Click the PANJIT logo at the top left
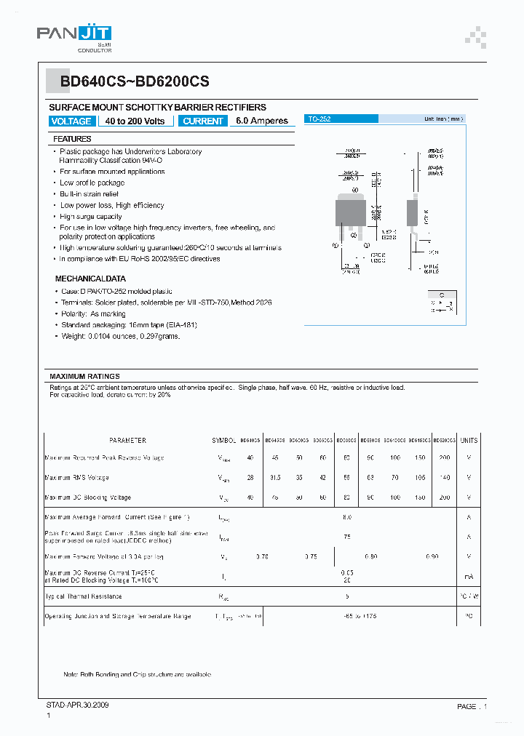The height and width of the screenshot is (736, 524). [x=74, y=36]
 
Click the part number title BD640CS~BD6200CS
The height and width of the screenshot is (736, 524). [x=135, y=83]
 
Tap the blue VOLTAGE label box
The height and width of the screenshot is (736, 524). [x=71, y=121]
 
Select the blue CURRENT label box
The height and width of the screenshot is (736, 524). [x=204, y=121]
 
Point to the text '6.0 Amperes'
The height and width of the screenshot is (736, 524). [x=262, y=121]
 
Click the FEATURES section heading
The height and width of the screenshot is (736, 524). [x=72, y=139]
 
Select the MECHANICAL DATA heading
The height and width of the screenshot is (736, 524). [x=90, y=279]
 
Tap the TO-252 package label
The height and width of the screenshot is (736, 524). [x=319, y=119]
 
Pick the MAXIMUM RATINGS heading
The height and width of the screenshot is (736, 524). [x=84, y=376]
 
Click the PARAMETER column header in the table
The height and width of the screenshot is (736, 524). [x=127, y=441]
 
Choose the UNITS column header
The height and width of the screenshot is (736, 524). [x=469, y=441]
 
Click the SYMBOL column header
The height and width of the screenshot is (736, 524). [x=224, y=441]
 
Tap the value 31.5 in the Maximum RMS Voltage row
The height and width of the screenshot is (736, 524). [x=275, y=478]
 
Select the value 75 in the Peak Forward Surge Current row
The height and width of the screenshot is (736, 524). [x=347, y=536]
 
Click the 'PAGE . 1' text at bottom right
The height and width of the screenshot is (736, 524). [x=472, y=706]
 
